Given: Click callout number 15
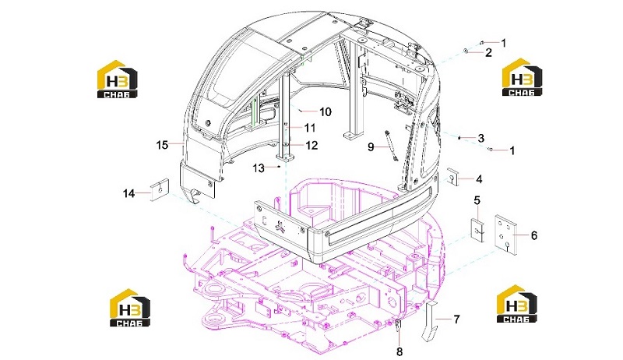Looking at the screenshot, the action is coord(162,145).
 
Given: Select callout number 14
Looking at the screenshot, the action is coord(128,194).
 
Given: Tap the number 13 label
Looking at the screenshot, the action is coord(259,168).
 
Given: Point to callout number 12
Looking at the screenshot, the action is coord(312,146).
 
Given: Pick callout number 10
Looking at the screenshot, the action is coord(325,112).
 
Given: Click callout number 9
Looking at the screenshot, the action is coord(371,147).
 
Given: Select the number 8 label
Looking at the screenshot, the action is coord(399,351).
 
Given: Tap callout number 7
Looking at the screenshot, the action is coord(456,319).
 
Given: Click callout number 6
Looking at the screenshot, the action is coord(533,235).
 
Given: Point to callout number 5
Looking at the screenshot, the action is coord(477,200).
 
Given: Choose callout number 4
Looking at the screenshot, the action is coord(479,179).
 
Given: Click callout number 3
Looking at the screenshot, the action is coord(480,138).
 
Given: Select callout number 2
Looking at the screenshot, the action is coord(488,52).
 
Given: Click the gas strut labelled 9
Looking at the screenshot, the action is coord(391,146).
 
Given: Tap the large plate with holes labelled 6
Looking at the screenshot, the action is coord(505,235).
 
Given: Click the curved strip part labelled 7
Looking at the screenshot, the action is coord(431,321).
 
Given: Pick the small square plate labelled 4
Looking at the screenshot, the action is coord(452,177).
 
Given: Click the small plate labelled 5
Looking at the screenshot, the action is coord(478,229).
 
